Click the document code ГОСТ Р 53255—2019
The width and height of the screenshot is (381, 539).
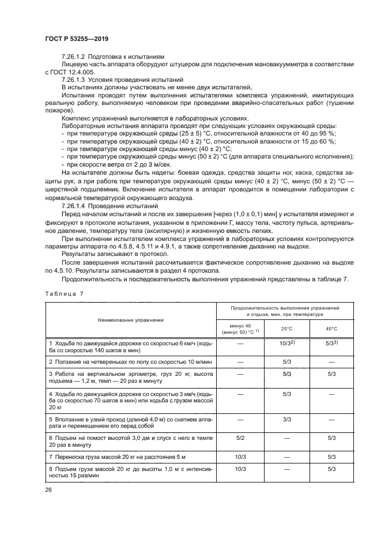pyautogui.click(x=77, y=39)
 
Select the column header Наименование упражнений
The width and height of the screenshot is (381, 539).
pyautogui.click(x=130, y=319)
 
